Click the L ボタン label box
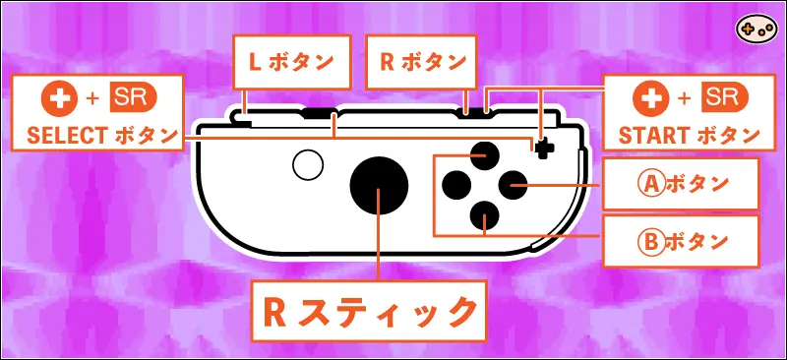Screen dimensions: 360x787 point(291,61)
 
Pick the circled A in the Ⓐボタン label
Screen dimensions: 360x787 point(649,184)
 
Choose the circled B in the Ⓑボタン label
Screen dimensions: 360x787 point(649,241)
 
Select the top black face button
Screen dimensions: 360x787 point(485,154)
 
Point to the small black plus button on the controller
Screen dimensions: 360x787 point(544,146)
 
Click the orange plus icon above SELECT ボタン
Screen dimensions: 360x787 point(56,97)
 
